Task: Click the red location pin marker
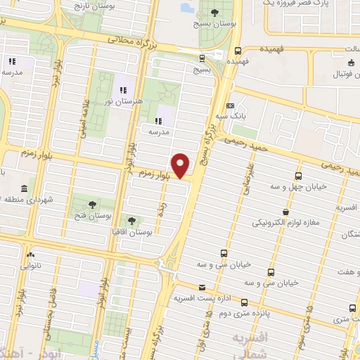(181, 165)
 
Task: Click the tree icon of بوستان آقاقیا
(131, 221)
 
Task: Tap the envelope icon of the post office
(202, 287)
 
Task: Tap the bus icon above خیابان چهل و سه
(299, 176)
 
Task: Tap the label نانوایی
(30, 266)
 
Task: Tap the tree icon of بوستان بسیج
(214, 13)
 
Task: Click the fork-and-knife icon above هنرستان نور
(122, 90)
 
